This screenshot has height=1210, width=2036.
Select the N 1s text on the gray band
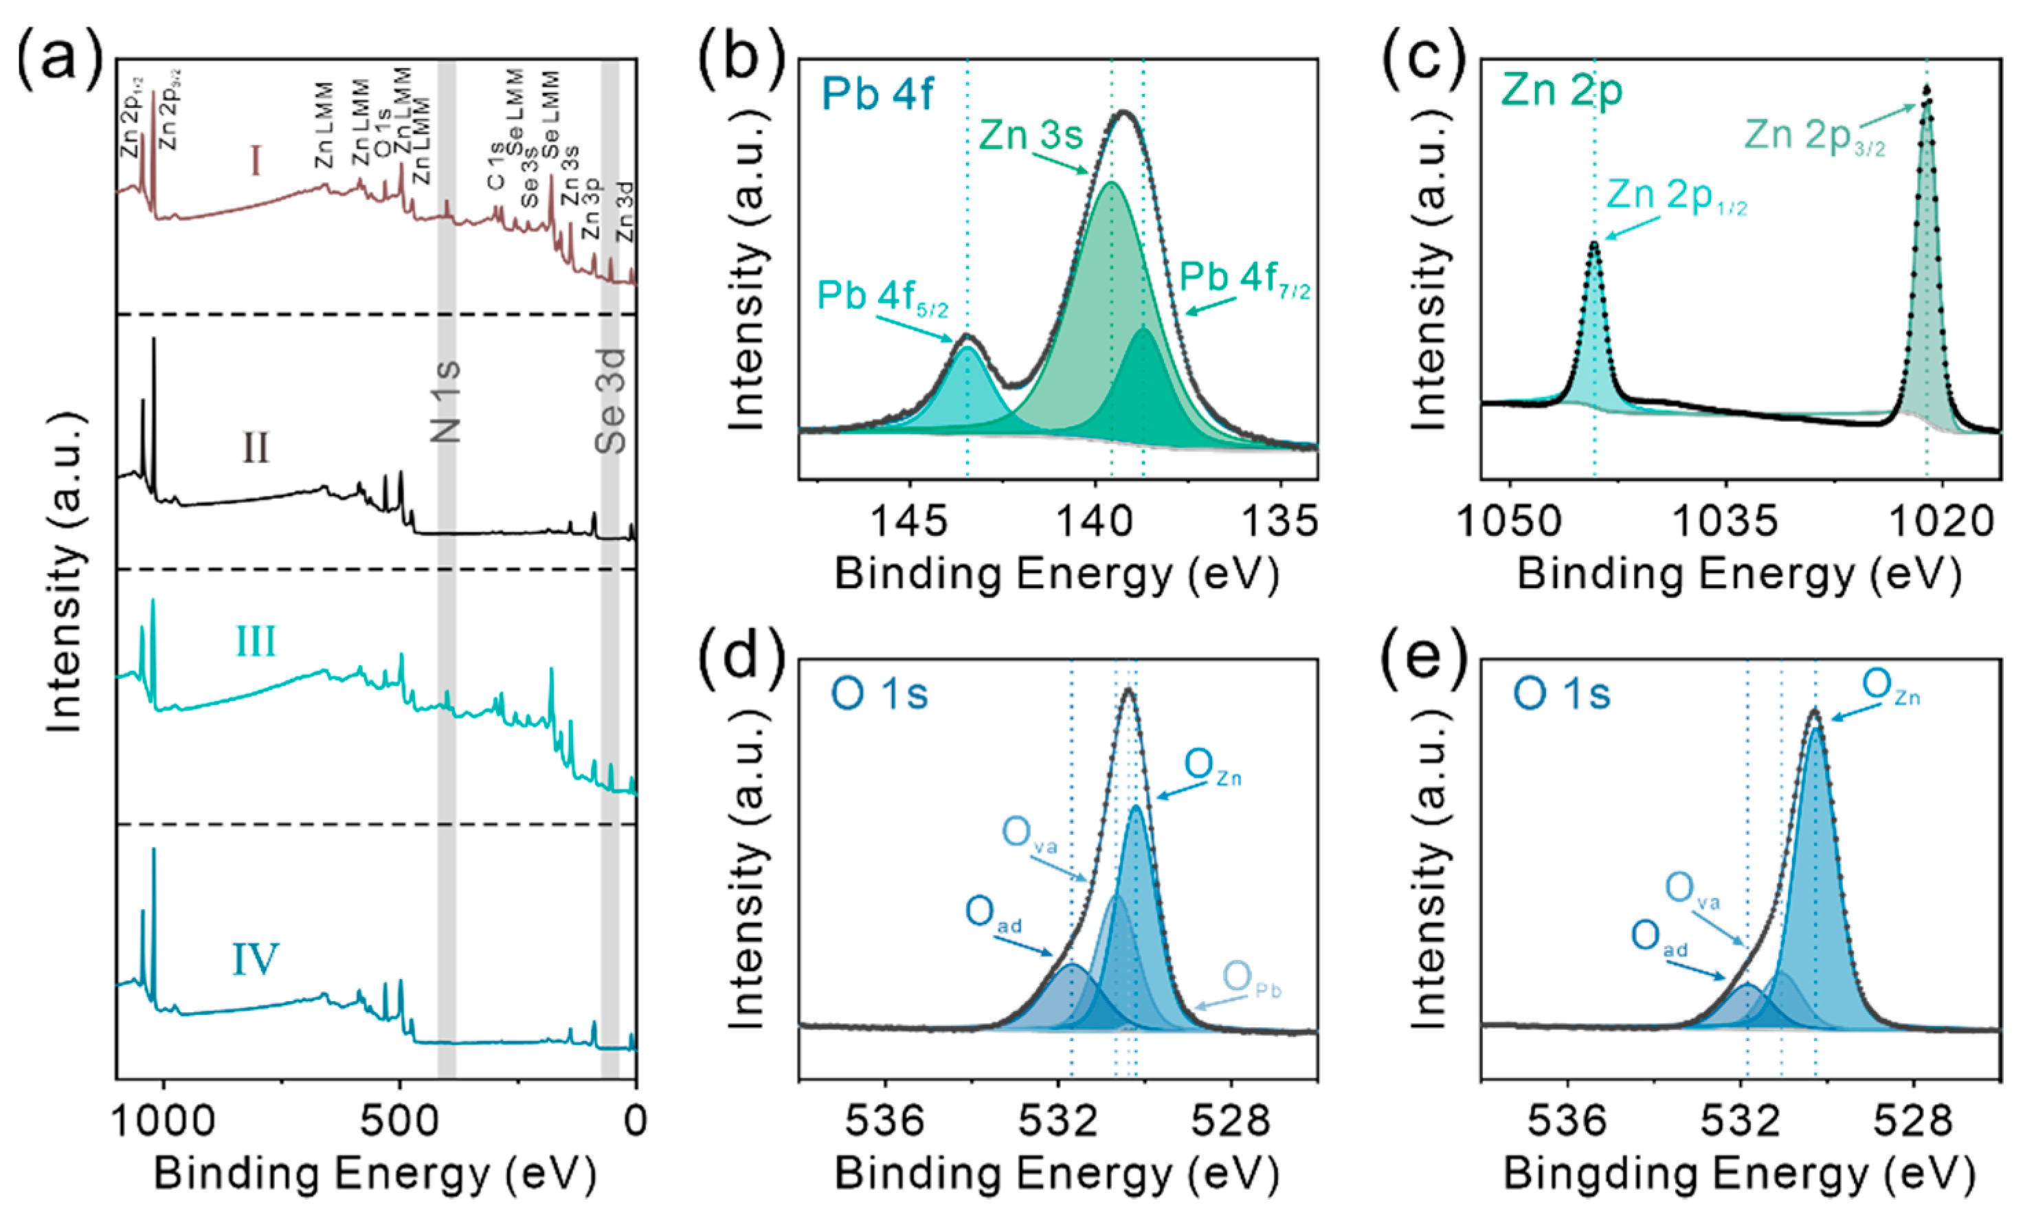pyautogui.click(x=446, y=401)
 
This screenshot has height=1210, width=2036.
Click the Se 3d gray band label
pyautogui.click(x=610, y=401)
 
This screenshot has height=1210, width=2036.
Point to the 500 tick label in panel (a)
pyautogui.click(x=399, y=1121)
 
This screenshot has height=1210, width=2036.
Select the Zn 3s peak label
pyautogui.click(x=1031, y=135)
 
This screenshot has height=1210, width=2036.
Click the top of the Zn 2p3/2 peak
pyautogui.click(x=1926, y=88)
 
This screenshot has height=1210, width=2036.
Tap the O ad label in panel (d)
pyautogui.click(x=992, y=914)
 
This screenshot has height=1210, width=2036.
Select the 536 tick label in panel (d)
pyautogui.click(x=884, y=1121)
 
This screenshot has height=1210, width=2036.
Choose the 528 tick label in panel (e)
pyautogui.click(x=1913, y=1121)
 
